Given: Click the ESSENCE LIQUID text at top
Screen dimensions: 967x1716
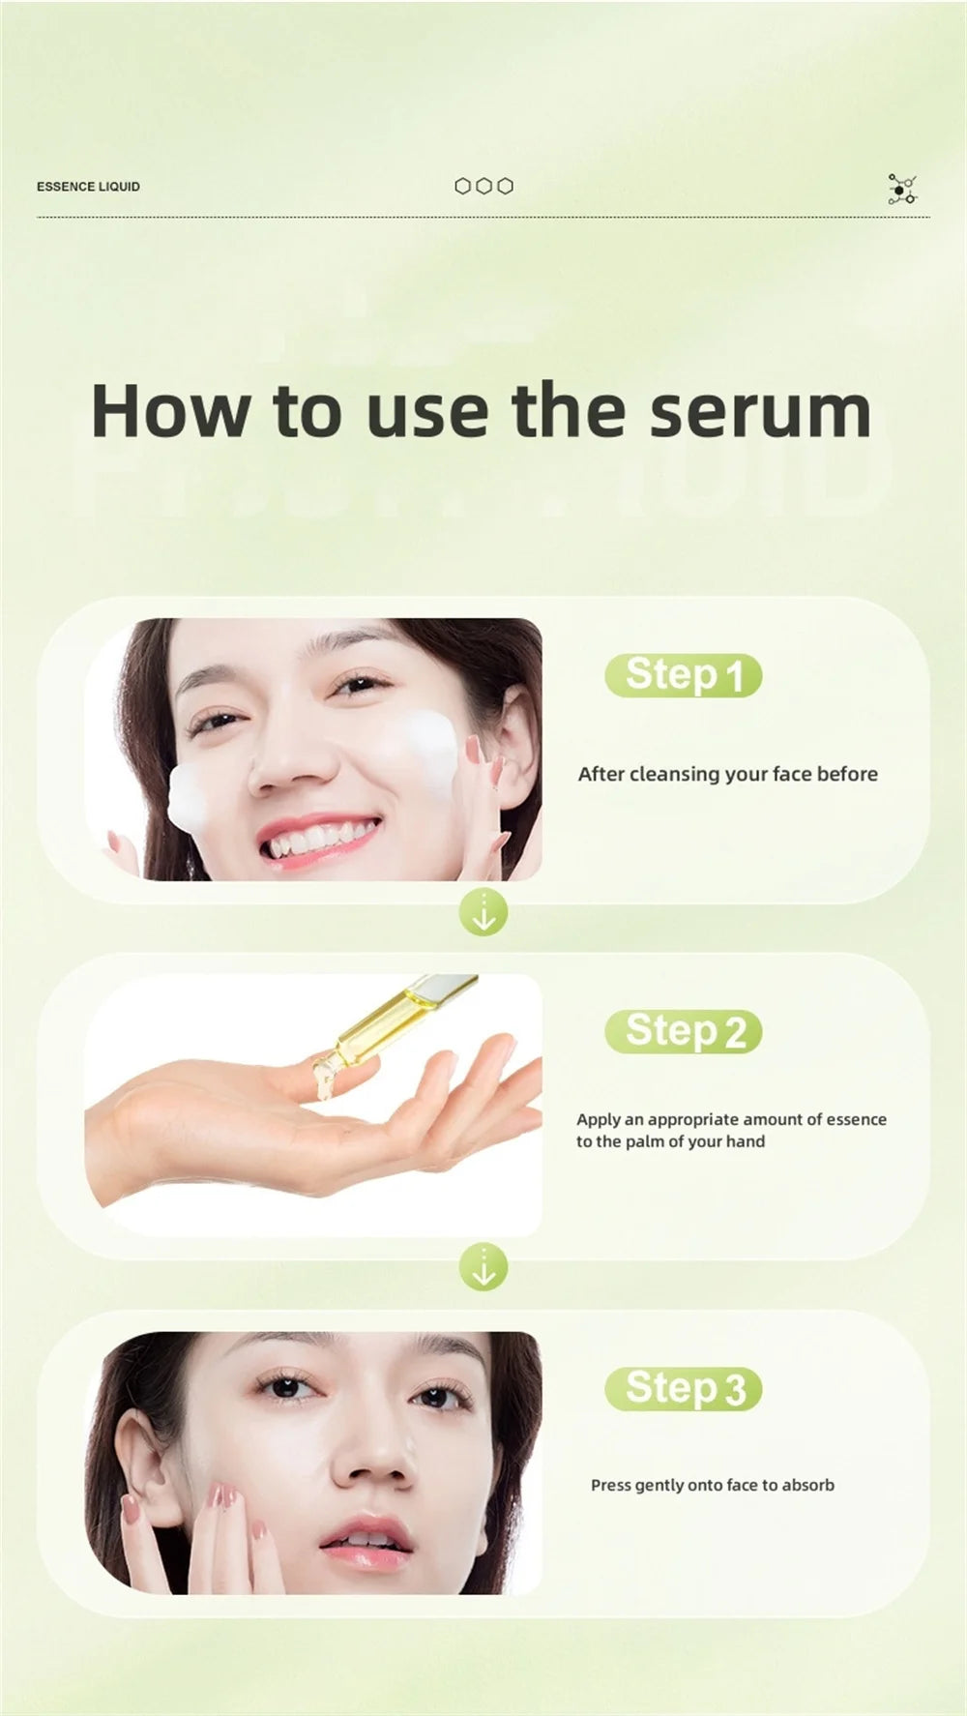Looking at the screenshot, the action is [x=88, y=187].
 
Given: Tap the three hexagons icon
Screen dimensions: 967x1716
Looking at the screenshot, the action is [x=483, y=186].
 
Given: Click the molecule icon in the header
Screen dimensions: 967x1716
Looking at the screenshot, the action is [x=902, y=190].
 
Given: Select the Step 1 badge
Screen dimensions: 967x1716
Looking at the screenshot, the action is [x=684, y=675].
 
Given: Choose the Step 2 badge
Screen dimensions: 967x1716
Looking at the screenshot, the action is [x=684, y=1031].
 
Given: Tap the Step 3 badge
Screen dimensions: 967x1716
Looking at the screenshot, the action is [x=684, y=1388].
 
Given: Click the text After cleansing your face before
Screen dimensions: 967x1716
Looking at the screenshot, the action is [x=728, y=774].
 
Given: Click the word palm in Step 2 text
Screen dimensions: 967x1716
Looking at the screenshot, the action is [x=647, y=1141].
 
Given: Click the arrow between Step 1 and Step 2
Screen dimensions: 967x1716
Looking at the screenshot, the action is [x=483, y=912].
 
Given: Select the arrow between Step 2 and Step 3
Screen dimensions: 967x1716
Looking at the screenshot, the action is [x=483, y=1267].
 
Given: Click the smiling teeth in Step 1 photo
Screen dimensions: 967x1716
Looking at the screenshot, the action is [x=319, y=839].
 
